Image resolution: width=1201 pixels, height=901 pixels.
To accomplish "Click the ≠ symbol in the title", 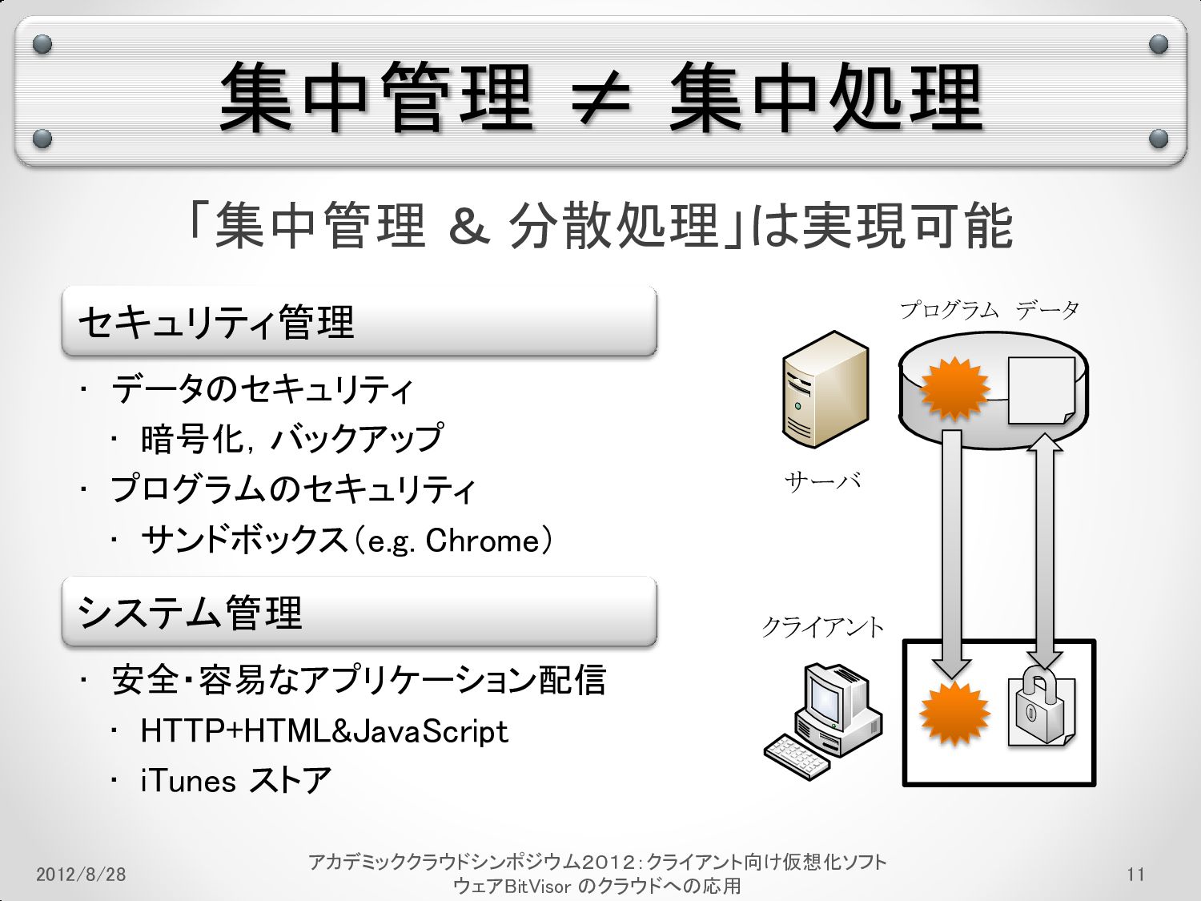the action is click(x=601, y=100).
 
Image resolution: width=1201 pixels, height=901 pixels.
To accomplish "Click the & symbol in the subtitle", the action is click(x=468, y=226).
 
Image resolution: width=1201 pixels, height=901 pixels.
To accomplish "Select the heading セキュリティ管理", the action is click(x=216, y=323).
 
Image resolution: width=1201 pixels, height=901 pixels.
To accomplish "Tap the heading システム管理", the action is click(x=191, y=613).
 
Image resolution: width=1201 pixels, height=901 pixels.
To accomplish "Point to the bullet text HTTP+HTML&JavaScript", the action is click(x=324, y=731).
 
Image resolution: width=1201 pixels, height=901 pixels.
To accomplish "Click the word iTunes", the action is click(x=188, y=781).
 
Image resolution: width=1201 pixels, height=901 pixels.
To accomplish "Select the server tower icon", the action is click(x=825, y=388).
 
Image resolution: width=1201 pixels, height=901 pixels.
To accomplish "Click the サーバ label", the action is click(x=823, y=481).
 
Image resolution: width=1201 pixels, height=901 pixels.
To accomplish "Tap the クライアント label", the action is click(x=822, y=626).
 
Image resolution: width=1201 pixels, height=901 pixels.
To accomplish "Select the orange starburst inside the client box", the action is click(x=954, y=714).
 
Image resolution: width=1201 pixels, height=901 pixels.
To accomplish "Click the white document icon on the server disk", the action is click(x=1040, y=390).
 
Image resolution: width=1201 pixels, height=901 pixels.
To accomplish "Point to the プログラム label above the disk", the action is click(x=949, y=310).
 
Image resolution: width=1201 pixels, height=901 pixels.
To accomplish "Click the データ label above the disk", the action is click(x=1047, y=310).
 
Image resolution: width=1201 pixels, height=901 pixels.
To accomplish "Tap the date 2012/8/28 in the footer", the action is click(x=81, y=874).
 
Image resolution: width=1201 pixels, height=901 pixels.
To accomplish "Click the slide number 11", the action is click(x=1135, y=874).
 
